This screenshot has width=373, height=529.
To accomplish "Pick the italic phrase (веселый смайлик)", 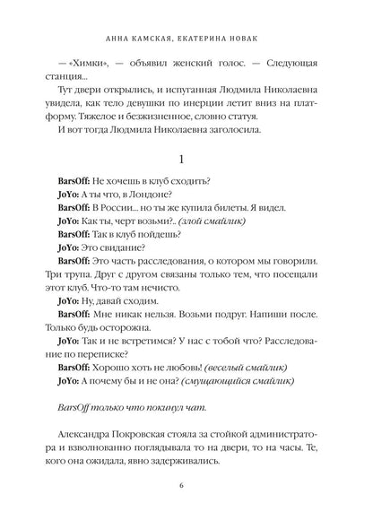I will [x=253, y=368].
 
